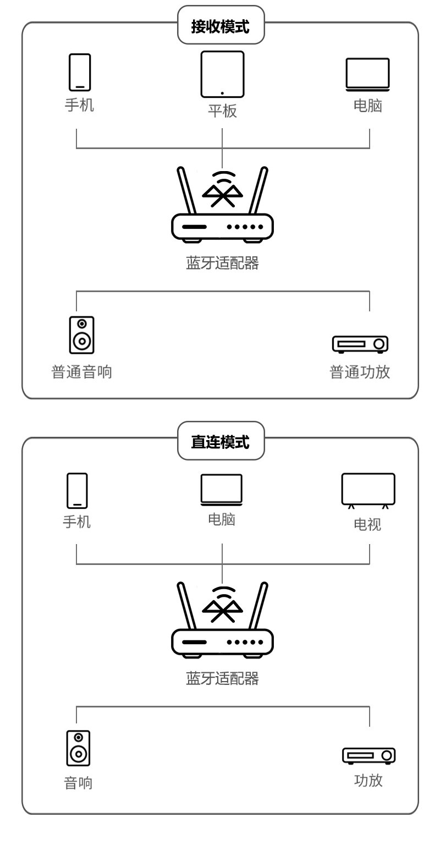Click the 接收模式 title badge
[221, 26]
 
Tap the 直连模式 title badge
[221, 441]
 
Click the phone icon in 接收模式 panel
[80, 72]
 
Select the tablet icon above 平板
[222, 74]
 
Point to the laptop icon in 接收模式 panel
[367, 74]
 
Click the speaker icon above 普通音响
[81, 334]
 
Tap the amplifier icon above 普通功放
[360, 344]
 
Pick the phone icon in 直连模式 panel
[77, 490]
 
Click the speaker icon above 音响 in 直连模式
[78, 748]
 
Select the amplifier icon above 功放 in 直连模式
[369, 755]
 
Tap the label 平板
[222, 111]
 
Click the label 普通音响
[81, 372]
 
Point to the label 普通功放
[360, 372]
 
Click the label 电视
[367, 524]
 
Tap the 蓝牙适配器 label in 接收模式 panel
[222, 263]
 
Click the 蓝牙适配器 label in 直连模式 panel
[222, 678]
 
